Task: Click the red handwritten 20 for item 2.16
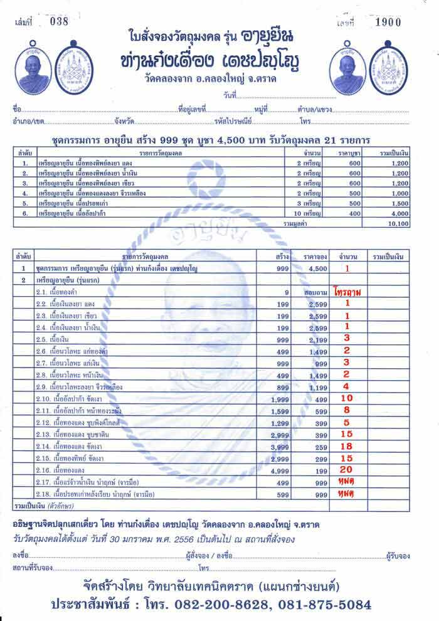[346, 469]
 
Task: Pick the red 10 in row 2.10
[346, 398]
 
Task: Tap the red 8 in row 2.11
[346, 410]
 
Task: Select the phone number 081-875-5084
[336, 605]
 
